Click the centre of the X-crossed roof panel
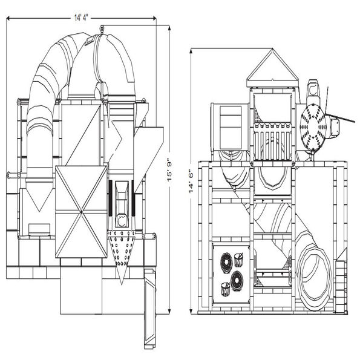[81, 211]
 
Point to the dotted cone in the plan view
[122, 254]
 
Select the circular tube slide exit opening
[314, 276]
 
